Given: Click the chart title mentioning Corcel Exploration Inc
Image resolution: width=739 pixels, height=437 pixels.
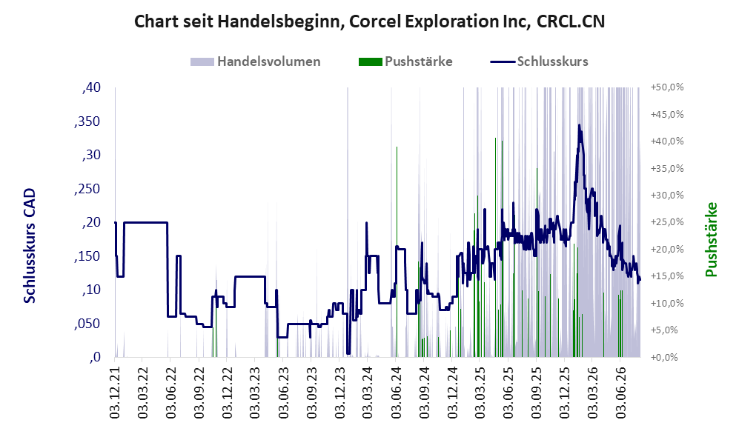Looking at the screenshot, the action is pos(369,21).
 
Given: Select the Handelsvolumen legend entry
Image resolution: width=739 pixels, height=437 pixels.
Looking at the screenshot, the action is pos(256,61).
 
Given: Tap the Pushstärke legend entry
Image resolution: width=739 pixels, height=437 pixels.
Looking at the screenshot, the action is pos(405,61).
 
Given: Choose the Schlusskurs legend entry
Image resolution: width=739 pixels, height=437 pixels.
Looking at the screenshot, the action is pos(540,61).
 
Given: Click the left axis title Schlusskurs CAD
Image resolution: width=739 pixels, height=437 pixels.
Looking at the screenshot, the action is pos(30,246).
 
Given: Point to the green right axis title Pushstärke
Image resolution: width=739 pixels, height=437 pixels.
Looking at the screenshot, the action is pos(711,240).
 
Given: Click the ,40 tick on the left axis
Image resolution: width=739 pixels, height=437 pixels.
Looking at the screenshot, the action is pos(91,87).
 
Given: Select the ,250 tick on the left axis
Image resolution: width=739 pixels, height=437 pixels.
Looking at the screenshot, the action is pos(87,188).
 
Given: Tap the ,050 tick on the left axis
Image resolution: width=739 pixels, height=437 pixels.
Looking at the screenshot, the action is pos(87,324).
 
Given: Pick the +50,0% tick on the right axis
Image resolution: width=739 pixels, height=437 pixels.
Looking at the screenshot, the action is pos(667,87).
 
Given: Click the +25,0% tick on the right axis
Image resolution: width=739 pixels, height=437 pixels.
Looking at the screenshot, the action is pos(667,221).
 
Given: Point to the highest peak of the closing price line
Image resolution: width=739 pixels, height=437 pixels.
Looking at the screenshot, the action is pos(579,124).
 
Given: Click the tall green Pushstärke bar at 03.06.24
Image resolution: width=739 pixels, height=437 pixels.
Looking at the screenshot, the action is pos(397,252).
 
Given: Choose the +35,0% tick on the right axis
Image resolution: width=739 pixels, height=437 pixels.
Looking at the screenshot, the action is pos(667,168).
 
